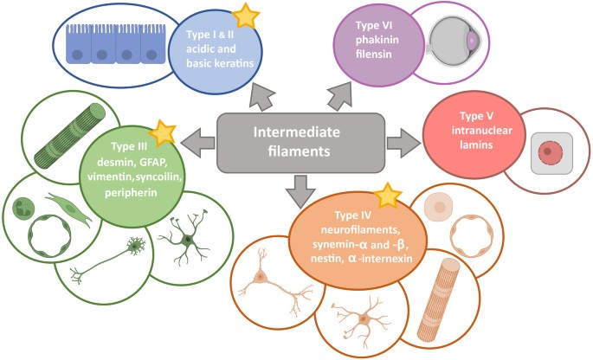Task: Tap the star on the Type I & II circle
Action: tap(247, 16)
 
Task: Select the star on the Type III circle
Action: tap(161, 132)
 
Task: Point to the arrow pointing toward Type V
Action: tap(399, 141)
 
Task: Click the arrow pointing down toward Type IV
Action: tap(300, 189)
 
